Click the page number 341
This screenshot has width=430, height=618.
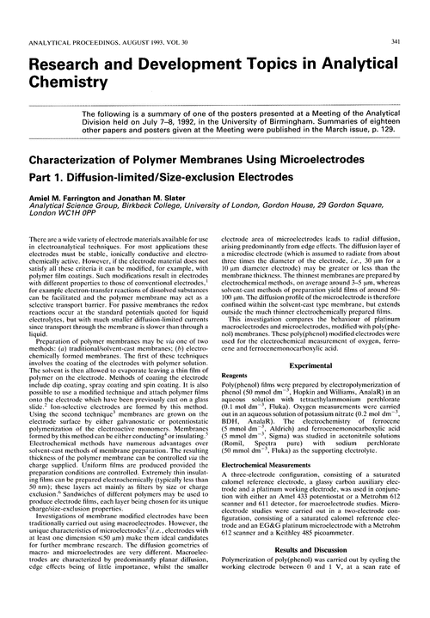click(x=411, y=10)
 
